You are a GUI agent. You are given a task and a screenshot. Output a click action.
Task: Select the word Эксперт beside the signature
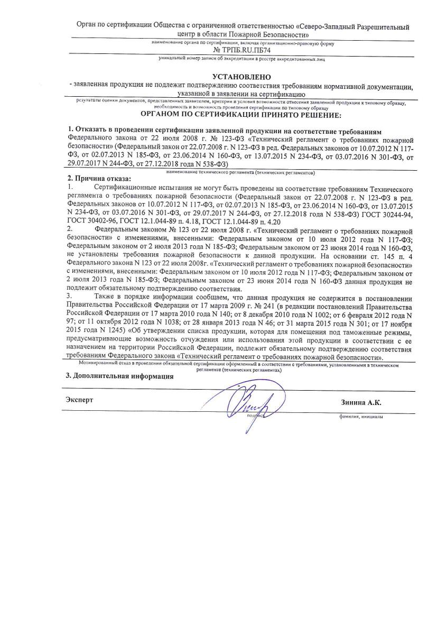pos(79,400)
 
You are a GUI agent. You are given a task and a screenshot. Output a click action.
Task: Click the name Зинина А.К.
pos(361,402)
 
